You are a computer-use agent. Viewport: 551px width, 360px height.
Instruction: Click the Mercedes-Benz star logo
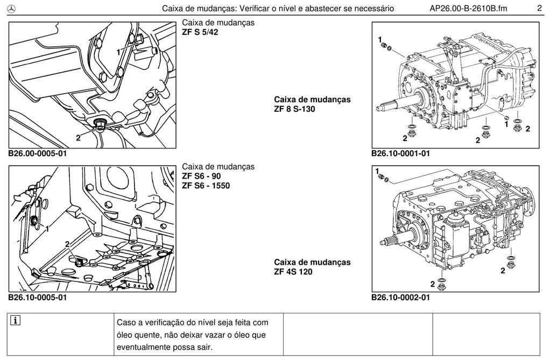(x=12, y=9)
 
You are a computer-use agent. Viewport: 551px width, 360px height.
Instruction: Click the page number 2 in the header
(x=539, y=8)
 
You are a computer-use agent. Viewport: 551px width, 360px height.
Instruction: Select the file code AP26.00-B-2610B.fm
(x=469, y=9)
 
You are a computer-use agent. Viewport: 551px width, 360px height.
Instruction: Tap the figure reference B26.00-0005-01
(x=38, y=153)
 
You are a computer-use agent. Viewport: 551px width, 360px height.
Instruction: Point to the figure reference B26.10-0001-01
(x=400, y=153)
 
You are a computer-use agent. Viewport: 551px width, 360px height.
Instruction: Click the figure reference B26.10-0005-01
(x=38, y=298)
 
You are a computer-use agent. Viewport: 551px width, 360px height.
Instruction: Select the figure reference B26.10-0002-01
(x=400, y=298)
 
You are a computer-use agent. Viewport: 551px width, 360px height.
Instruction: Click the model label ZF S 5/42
(x=200, y=32)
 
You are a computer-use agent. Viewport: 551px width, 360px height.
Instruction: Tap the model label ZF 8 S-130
(x=294, y=109)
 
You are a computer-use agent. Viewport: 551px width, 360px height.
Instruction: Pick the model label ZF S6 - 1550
(x=206, y=186)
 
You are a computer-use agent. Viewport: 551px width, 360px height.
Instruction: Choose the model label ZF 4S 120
(x=293, y=272)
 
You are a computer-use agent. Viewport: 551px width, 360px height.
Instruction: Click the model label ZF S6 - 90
(x=201, y=176)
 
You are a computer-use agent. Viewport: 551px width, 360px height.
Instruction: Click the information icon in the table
(x=16, y=321)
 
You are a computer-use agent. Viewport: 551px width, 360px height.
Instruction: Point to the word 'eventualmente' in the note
(x=143, y=348)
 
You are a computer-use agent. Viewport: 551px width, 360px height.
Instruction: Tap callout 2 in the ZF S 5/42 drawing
(x=78, y=138)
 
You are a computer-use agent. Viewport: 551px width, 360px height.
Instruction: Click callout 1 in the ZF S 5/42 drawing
(x=118, y=52)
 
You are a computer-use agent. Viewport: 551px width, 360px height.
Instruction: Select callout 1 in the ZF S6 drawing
(x=47, y=229)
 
